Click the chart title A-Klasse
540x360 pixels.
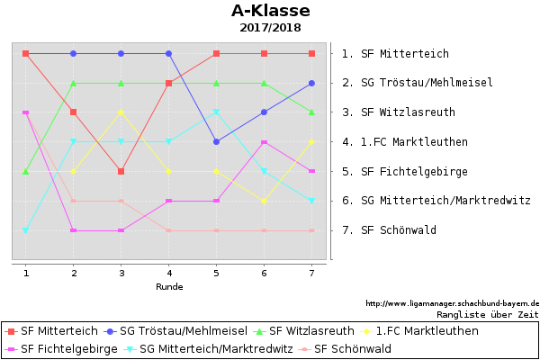coord(270,11)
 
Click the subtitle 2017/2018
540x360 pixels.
coord(270,28)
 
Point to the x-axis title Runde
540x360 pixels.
coord(169,287)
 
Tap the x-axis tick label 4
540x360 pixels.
coord(169,273)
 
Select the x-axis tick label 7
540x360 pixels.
coord(311,273)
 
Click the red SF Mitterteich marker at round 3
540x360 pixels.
coord(121,171)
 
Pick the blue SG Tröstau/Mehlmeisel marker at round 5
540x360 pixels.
coord(216,141)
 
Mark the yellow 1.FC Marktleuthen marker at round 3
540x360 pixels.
coord(121,112)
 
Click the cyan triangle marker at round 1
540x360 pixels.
coord(26,230)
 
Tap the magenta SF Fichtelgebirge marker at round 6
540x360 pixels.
coord(264,141)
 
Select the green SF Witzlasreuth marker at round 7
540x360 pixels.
coord(311,112)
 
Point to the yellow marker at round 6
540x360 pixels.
coord(264,201)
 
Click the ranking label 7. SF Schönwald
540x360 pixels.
coord(389,230)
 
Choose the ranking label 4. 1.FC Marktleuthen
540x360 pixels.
coord(404,142)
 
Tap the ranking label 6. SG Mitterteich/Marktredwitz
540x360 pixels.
coord(436,201)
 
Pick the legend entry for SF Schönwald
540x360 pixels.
coord(352,348)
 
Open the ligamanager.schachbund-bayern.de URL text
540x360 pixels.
coord(452,303)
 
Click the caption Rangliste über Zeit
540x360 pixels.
coord(487,315)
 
